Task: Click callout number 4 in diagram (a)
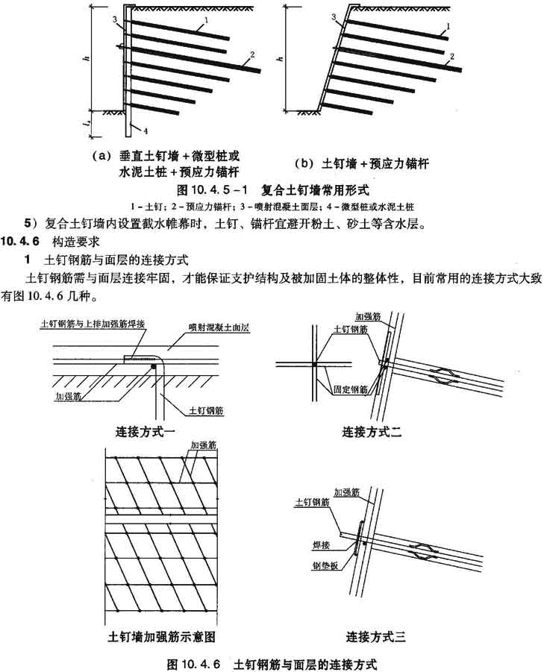click(146, 131)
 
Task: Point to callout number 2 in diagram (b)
click(451, 57)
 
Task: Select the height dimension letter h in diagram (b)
click(278, 57)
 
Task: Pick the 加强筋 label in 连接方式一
click(69, 398)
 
